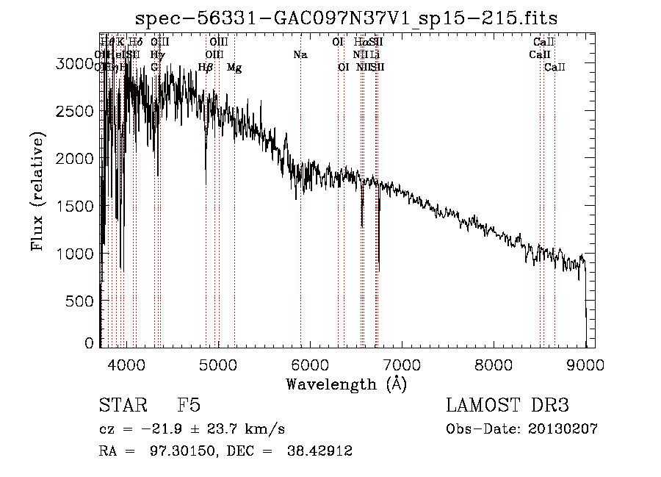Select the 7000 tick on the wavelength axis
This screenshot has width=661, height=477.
pyautogui.click(x=401, y=363)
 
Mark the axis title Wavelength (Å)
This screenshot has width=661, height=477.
pyautogui.click(x=347, y=384)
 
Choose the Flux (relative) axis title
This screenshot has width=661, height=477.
pyautogui.click(x=37, y=191)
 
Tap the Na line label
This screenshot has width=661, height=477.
pyautogui.click(x=300, y=55)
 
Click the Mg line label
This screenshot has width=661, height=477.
pyautogui.click(x=234, y=68)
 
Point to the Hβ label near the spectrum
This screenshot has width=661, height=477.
pyautogui.click(x=206, y=68)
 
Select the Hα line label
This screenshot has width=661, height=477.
pyautogui.click(x=361, y=43)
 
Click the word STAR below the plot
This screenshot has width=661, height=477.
pyautogui.click(x=122, y=406)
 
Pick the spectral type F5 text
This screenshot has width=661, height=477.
pyautogui.click(x=189, y=406)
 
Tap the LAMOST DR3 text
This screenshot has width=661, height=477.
pyautogui.click(x=508, y=406)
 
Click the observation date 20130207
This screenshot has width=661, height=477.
pyautogui.click(x=563, y=429)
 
